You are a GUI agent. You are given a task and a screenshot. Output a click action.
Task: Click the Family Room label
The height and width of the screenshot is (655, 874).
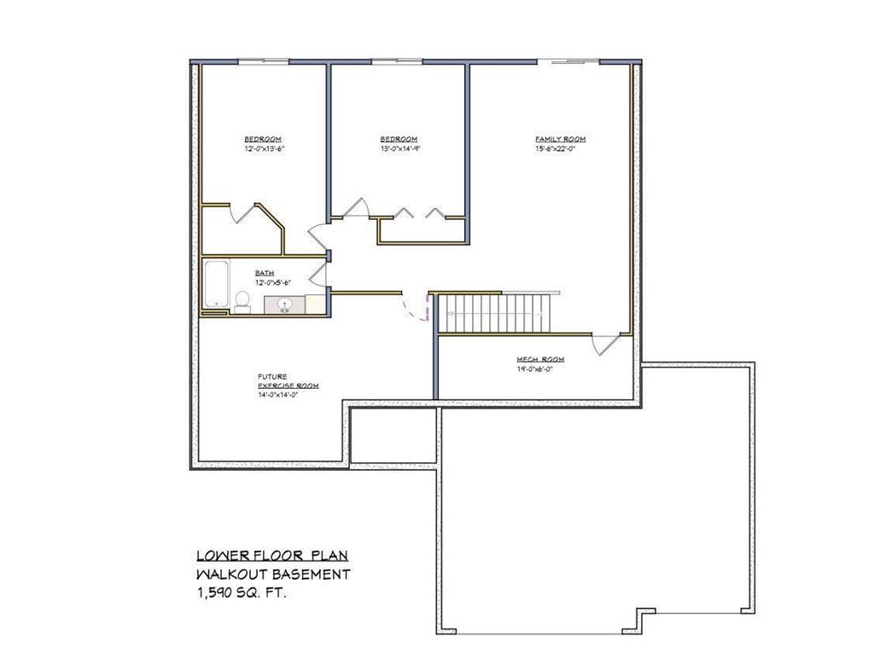(560, 139)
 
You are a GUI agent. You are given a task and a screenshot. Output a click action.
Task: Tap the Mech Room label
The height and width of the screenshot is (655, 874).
(539, 360)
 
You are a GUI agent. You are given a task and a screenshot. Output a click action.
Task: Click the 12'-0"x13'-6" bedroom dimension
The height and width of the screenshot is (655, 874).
(263, 148)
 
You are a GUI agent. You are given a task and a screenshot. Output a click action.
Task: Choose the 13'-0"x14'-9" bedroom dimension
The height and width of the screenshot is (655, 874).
(399, 148)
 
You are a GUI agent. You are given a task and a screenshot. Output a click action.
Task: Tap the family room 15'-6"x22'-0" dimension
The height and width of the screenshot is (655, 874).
(560, 148)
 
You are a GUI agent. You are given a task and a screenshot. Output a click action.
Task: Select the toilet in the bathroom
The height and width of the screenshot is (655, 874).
(242, 301)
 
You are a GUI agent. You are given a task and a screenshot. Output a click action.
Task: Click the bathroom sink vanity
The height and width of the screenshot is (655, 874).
(284, 304)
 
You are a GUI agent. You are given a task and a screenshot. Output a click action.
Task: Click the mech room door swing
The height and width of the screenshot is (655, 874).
(606, 345)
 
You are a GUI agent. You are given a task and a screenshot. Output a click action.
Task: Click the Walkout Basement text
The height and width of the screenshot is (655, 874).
(272, 575)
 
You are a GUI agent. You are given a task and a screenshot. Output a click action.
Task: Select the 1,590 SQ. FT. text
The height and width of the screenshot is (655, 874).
(242, 593)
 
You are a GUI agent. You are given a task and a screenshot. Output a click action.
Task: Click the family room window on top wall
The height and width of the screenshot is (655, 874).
(574, 61)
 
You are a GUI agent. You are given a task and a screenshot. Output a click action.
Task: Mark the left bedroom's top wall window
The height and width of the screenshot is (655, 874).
(262, 61)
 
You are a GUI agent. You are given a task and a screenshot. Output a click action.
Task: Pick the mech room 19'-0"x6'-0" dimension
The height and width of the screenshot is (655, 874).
(539, 369)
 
